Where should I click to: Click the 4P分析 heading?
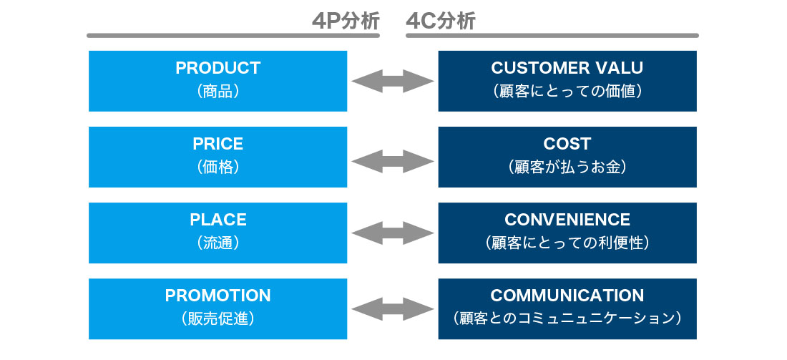tap(346, 21)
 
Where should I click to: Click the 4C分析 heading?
tap(440, 21)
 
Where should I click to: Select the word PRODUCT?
tap(217, 68)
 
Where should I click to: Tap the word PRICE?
tap(217, 144)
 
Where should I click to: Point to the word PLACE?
tap(217, 220)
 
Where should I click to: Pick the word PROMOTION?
tap(217, 296)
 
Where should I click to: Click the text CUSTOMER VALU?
tap(567, 68)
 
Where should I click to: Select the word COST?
tap(567, 144)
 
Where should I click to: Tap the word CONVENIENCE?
tap(567, 220)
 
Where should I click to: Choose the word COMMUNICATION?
tap(567, 296)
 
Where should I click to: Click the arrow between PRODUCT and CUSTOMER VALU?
tap(393, 81)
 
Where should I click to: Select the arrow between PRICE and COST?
tap(393, 161)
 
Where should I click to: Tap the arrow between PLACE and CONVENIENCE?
tap(393, 233)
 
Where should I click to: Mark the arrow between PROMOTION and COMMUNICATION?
tap(393, 308)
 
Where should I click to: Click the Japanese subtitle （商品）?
tap(217, 92)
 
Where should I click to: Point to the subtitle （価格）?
tap(217, 167)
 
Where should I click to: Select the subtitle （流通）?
tap(217, 243)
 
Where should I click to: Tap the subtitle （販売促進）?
tap(217, 318)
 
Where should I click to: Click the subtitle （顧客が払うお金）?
tap(567, 167)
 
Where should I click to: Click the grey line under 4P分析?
tap(233, 36)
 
